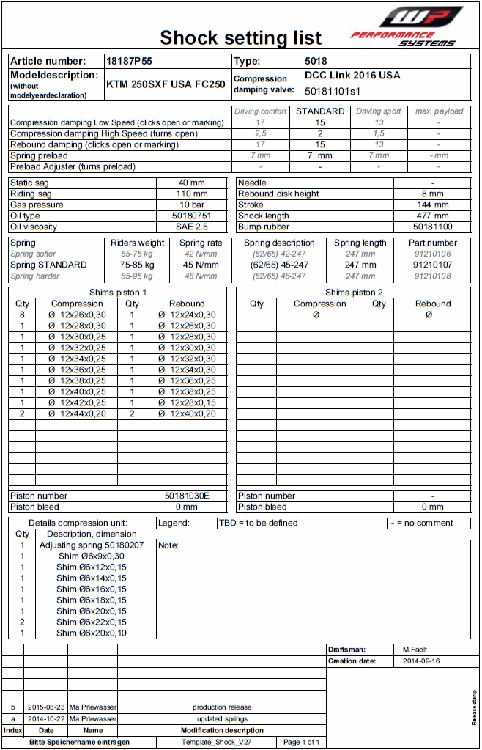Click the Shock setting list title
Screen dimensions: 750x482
pyautogui.click(x=240, y=37)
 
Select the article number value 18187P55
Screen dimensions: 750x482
pyautogui.click(x=130, y=62)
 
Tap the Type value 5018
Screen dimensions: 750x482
pyautogui.click(x=316, y=62)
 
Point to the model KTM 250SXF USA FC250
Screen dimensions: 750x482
pyautogui.click(x=166, y=84)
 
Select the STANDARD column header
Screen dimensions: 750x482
pyautogui.click(x=319, y=111)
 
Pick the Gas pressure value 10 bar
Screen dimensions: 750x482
pyautogui.click(x=192, y=205)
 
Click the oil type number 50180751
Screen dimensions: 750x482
pyautogui.click(x=192, y=216)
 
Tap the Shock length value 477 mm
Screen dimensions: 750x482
pyautogui.click(x=432, y=216)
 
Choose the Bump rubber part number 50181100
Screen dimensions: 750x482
pyautogui.click(x=432, y=227)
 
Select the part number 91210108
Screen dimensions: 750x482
pyautogui.click(x=432, y=276)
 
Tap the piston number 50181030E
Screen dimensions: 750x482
pyautogui.click(x=187, y=496)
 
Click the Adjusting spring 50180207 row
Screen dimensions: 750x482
pyautogui.click(x=92, y=545)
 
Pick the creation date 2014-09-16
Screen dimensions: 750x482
pyautogui.click(x=421, y=661)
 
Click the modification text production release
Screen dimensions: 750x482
pyautogui.click(x=222, y=707)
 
